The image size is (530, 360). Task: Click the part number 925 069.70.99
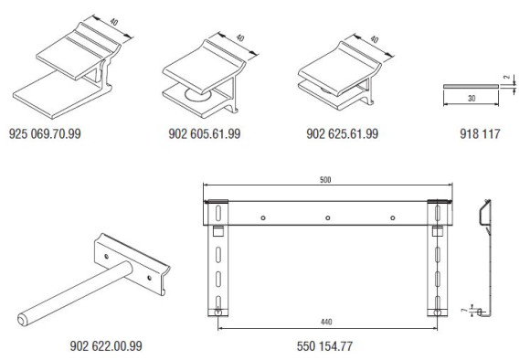pyautogui.click(x=45, y=134)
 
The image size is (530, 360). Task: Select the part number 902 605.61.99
pyautogui.click(x=205, y=134)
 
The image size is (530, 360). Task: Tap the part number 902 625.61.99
pyautogui.click(x=342, y=134)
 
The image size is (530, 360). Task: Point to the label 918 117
pyautogui.click(x=480, y=134)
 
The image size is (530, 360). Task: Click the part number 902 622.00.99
pyautogui.click(x=106, y=345)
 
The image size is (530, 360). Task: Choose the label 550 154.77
pyautogui.click(x=324, y=345)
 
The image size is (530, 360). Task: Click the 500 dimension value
pyautogui.click(x=325, y=179)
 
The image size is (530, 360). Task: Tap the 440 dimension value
pyautogui.click(x=326, y=322)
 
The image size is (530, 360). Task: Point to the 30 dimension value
pyautogui.click(x=472, y=98)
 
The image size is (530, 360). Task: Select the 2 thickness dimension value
pyautogui.click(x=506, y=77)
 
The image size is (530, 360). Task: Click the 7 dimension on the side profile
pyautogui.click(x=464, y=310)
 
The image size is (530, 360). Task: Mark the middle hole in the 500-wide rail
pyautogui.click(x=327, y=218)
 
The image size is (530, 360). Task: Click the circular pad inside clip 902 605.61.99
pyautogui.click(x=198, y=95)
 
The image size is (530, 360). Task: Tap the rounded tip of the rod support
pyautogui.click(x=22, y=320)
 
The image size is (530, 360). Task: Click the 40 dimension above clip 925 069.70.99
pyautogui.click(x=114, y=22)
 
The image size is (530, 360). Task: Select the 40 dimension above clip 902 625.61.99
pyautogui.click(x=374, y=39)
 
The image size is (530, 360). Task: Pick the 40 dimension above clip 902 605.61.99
pyautogui.click(x=240, y=37)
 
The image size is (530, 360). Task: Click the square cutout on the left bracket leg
pyautogui.click(x=218, y=231)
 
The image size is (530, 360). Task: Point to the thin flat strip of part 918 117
pyautogui.click(x=471, y=87)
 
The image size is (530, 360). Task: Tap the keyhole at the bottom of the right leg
pyautogui.click(x=437, y=312)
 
